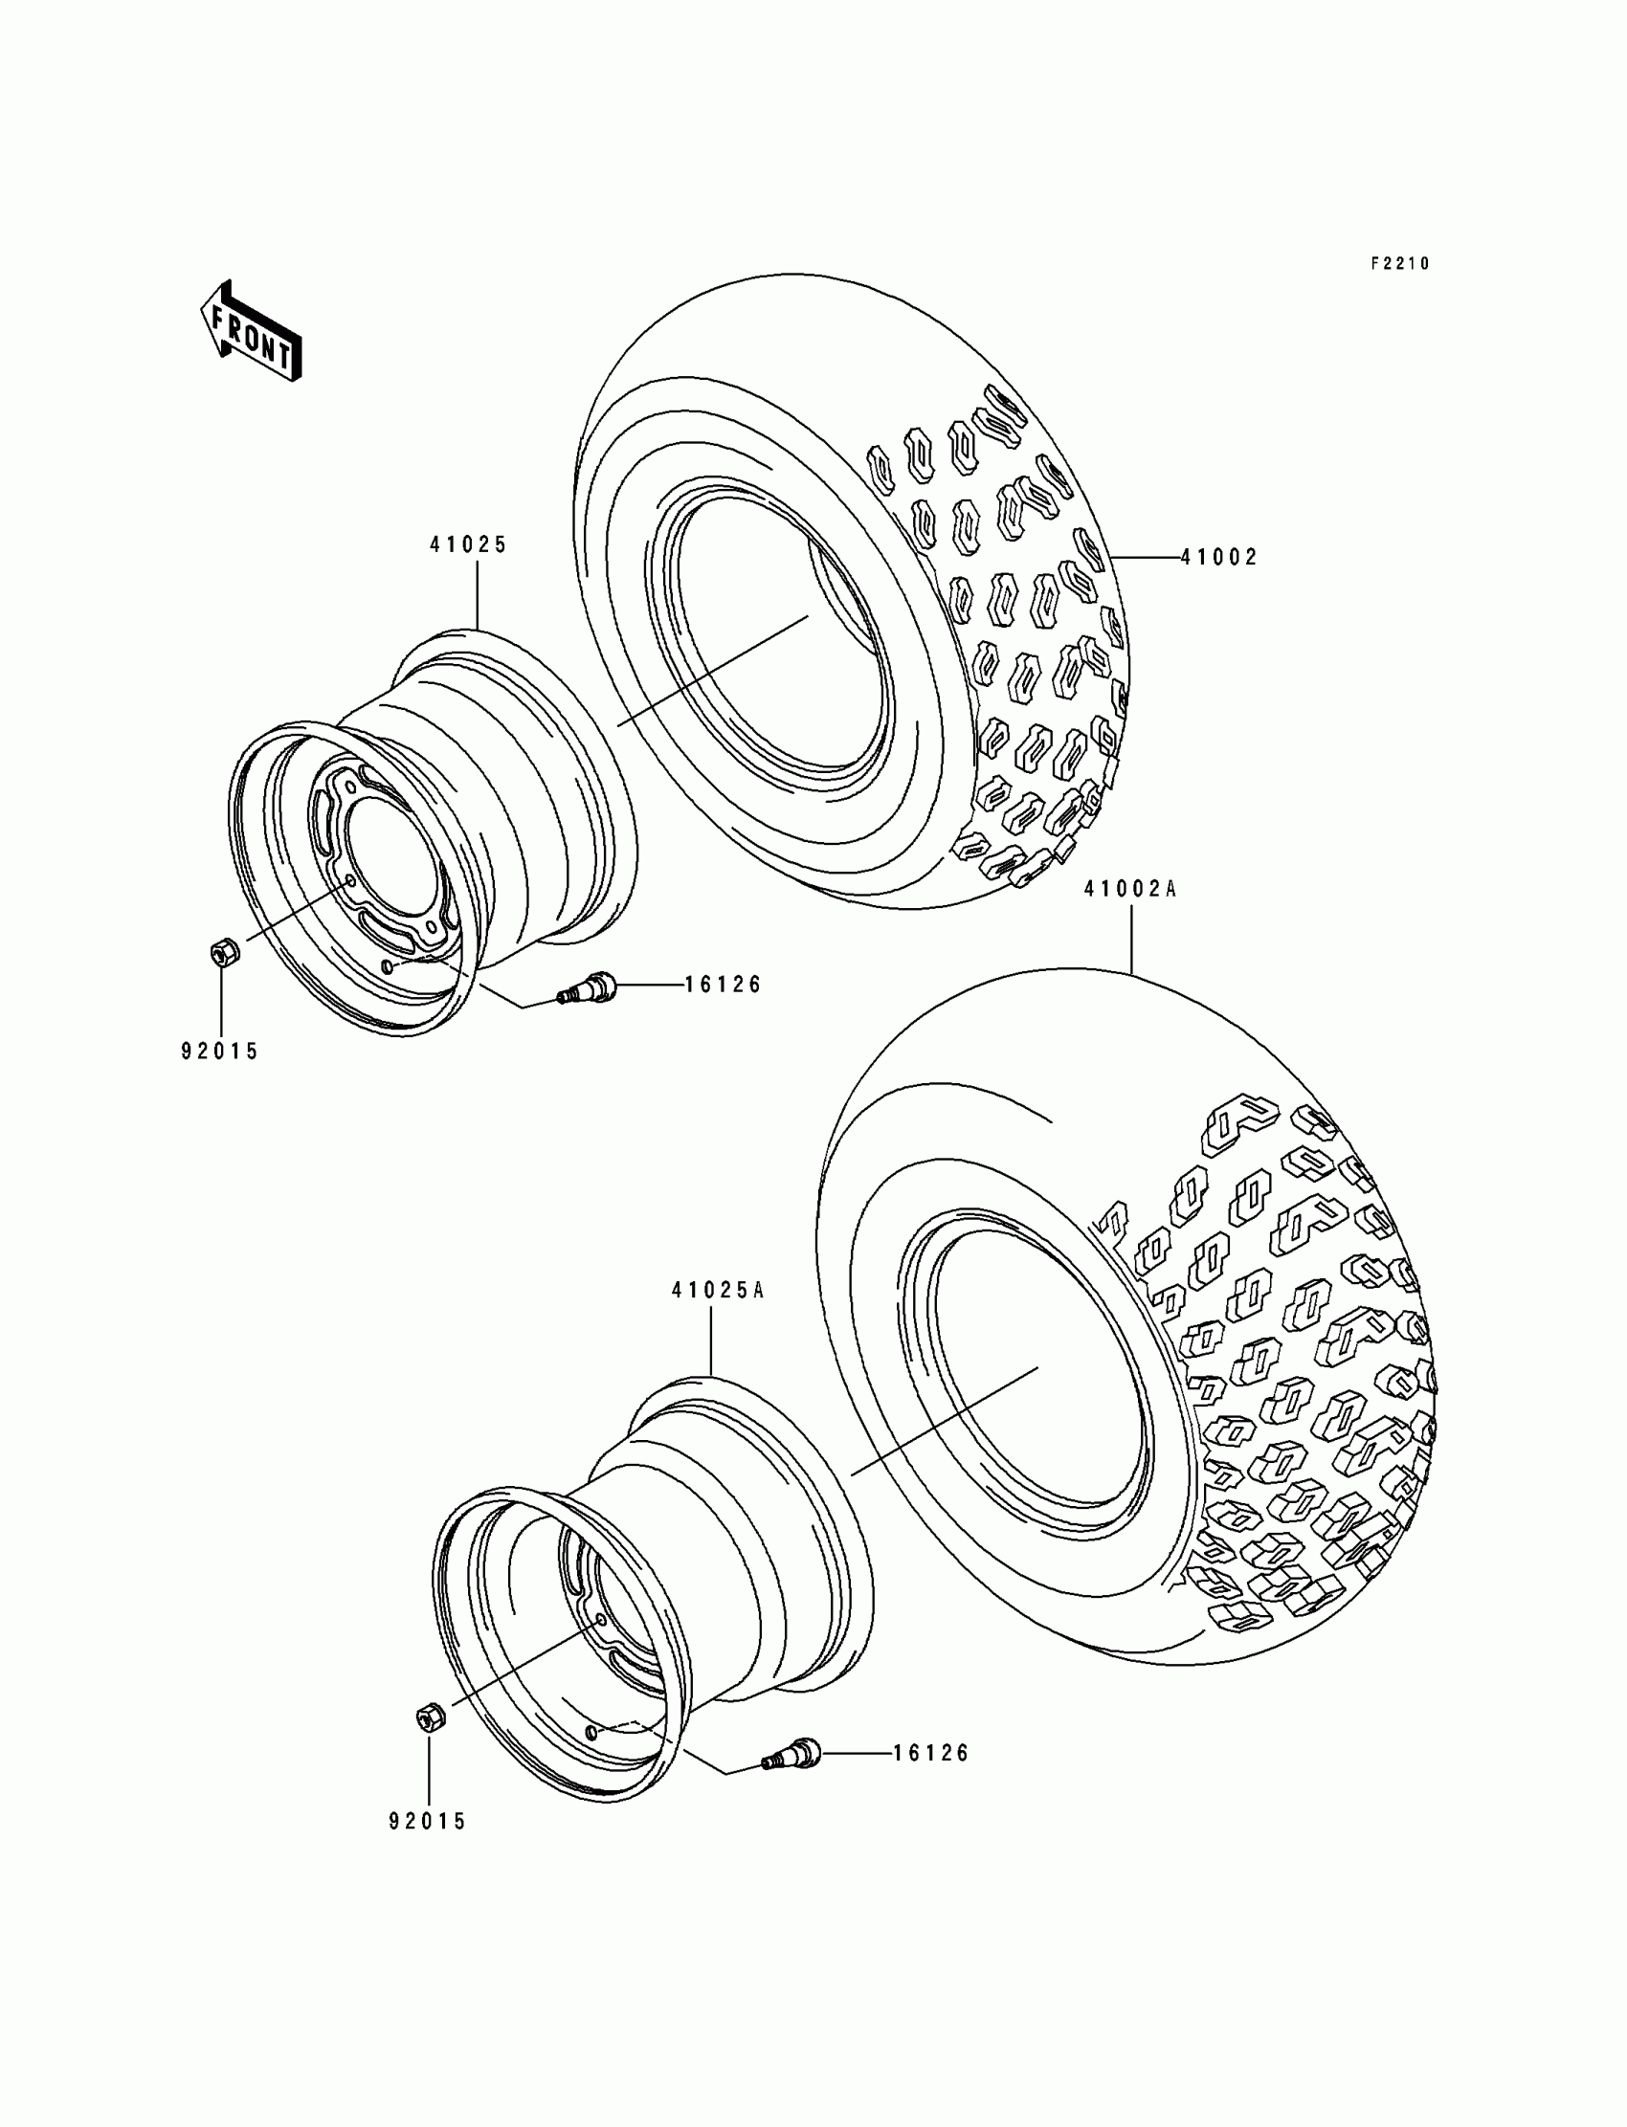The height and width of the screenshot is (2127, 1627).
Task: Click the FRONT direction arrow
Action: click(250, 333)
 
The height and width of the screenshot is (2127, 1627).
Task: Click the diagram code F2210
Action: click(1399, 264)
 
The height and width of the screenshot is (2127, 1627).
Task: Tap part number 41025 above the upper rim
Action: click(469, 545)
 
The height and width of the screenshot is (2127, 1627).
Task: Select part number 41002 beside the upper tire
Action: click(1218, 558)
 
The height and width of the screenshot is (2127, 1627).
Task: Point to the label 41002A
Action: click(1130, 889)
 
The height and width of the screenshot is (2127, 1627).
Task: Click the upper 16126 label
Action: click(724, 986)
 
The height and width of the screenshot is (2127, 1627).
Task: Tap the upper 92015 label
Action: click(220, 1052)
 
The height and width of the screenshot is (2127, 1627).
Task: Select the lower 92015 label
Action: click(428, 1822)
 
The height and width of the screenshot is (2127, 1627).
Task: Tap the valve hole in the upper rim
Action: click(390, 967)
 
